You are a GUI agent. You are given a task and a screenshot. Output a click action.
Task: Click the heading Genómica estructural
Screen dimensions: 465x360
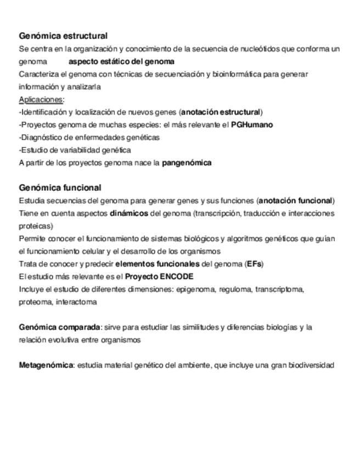[x=63, y=36]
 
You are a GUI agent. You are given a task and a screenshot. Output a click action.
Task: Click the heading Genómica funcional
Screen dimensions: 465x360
[x=60, y=188]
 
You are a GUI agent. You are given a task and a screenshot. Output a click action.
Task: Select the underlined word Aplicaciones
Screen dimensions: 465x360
[x=41, y=99]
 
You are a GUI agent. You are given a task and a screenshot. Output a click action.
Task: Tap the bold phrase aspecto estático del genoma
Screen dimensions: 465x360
[x=121, y=61]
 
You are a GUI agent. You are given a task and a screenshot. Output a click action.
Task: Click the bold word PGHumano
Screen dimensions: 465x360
[x=252, y=124]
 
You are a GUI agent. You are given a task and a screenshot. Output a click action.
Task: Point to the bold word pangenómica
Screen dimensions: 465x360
[x=187, y=163]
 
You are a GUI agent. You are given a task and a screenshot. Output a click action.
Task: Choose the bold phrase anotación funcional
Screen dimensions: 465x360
[x=296, y=201]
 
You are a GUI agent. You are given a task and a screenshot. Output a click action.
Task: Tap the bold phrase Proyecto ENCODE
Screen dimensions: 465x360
[x=159, y=276]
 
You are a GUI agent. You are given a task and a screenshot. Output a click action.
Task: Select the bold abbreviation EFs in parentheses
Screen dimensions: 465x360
[x=254, y=264]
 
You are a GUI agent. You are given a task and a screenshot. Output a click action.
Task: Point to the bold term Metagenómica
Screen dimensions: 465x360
[x=46, y=365]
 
